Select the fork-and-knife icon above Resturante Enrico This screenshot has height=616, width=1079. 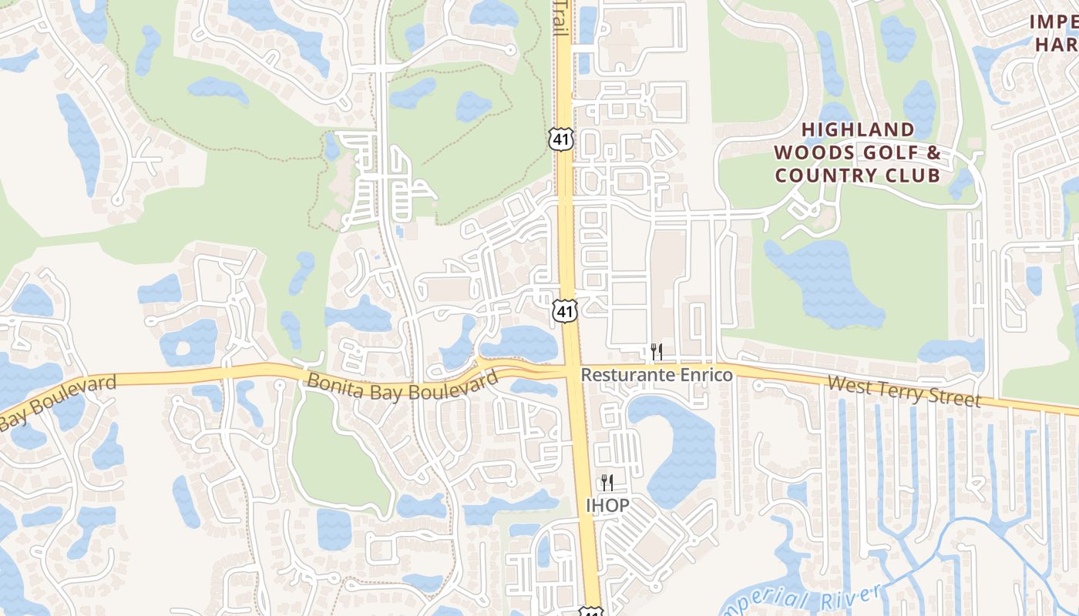click(x=656, y=352)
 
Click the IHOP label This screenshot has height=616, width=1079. click(x=607, y=505)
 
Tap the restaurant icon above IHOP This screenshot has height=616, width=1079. click(x=607, y=483)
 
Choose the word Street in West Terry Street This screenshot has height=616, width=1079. click(x=953, y=397)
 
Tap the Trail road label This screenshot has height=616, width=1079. click(x=560, y=17)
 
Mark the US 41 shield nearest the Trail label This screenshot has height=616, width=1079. click(x=561, y=139)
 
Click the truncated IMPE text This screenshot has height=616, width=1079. click(x=1054, y=21)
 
